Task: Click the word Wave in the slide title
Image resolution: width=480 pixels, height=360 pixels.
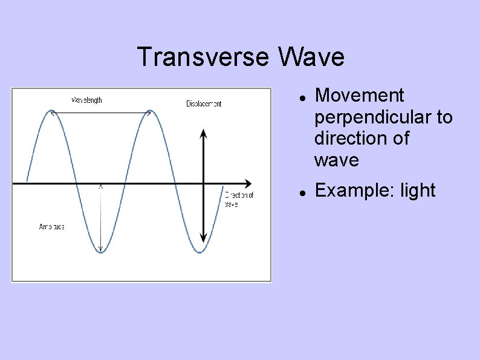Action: coord(311,57)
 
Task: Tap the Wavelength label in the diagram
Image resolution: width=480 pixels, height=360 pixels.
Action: coord(87,100)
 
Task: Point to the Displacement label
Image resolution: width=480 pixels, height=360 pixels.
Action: coord(204,103)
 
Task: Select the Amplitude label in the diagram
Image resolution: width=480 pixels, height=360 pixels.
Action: coord(52,226)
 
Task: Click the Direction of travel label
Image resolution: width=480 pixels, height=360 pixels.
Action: coord(239,199)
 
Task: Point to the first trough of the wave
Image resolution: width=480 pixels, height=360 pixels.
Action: coord(101,252)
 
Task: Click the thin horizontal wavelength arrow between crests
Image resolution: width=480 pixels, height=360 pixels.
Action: coord(101,113)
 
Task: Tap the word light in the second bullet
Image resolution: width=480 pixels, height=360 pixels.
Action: coord(418,191)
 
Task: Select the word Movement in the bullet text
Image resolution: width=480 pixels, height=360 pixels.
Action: coord(359,96)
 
